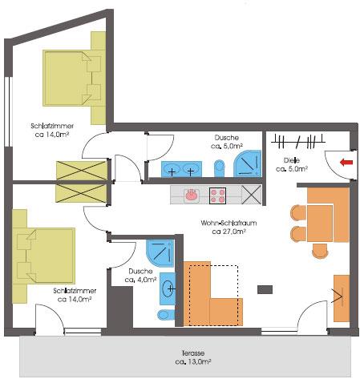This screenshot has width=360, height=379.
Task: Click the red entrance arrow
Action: tap(346, 162)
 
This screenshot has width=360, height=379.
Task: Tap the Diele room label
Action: tap(291, 160)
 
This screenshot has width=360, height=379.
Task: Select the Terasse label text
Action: tap(193, 353)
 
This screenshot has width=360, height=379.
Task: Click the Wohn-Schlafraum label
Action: tap(229, 223)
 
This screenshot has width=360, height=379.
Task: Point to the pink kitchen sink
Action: tap(192, 194)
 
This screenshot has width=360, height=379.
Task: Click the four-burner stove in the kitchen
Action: tap(217, 196)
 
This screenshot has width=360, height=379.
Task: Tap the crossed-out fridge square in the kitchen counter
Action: tap(251, 195)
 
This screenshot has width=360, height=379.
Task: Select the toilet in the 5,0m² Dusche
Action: tap(220, 168)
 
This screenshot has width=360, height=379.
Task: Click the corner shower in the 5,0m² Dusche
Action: tap(247, 163)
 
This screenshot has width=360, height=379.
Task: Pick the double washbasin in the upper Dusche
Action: tap(181, 169)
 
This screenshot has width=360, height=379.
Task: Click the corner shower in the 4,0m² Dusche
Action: tap(160, 253)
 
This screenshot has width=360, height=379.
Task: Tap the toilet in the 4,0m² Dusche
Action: tap(166, 315)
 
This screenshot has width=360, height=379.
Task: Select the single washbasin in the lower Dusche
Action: tap(168, 288)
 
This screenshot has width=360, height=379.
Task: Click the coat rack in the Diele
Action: tap(298, 141)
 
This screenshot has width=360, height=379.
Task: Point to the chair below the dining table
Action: tap(320, 251)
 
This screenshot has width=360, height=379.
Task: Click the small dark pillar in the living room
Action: tap(265, 289)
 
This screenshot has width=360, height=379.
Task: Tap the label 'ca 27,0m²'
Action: tap(229, 232)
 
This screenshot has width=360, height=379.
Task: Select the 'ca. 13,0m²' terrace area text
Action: tap(193, 362)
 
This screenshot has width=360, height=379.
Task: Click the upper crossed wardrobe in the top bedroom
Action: tap(82, 171)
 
